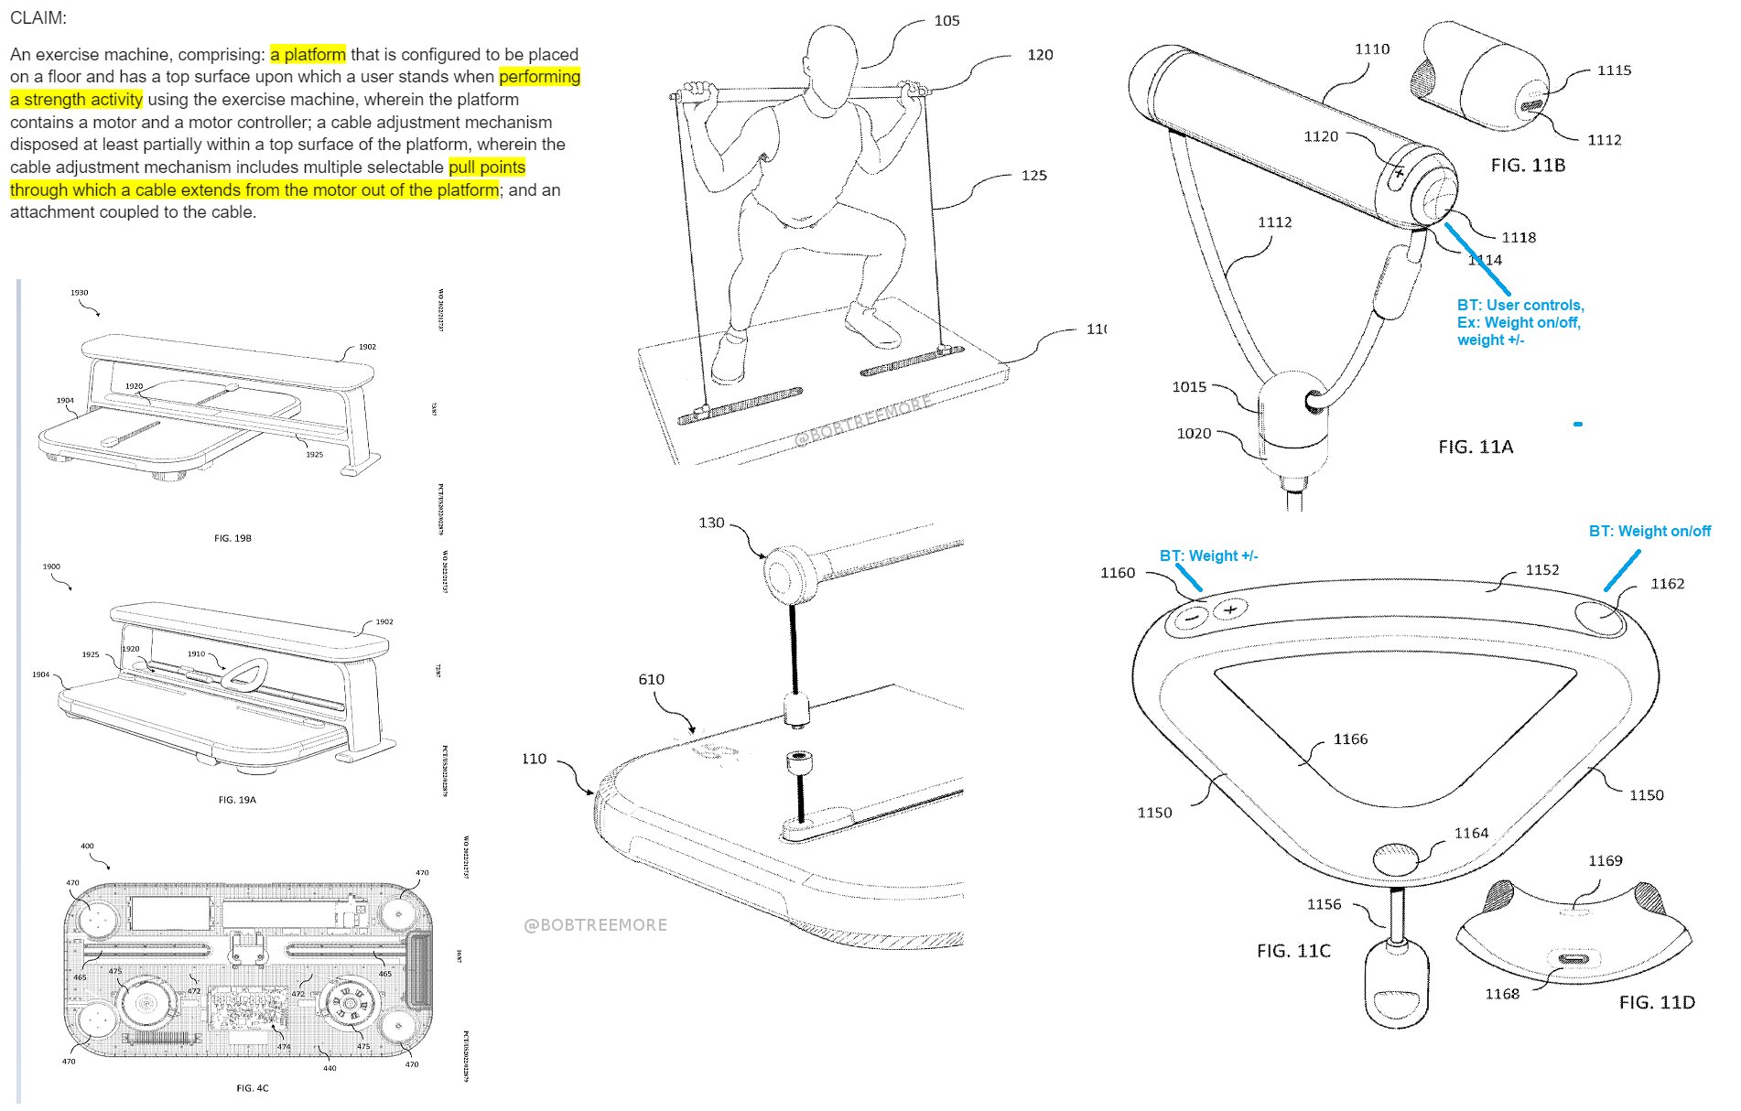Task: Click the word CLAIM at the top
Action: pos(38,17)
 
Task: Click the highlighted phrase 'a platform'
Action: pos(308,54)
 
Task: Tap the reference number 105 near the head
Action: pos(946,20)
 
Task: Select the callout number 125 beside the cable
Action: pos(1033,175)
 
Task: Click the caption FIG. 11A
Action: pos(1476,447)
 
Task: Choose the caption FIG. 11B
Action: pos(1528,165)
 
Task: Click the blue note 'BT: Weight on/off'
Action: pos(1649,531)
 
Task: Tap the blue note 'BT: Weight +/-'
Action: pos(1208,555)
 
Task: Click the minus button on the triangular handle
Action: pos(1190,618)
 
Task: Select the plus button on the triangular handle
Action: pos(1230,609)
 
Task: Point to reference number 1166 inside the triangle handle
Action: pos(1350,739)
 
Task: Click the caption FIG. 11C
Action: pos(1293,951)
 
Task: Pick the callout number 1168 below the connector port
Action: pos(1502,994)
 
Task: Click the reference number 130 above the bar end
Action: pos(711,523)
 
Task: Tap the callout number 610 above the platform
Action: pos(651,679)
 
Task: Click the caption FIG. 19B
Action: pos(232,538)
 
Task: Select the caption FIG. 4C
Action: pos(253,1088)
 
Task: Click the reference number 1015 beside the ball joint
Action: pos(1189,386)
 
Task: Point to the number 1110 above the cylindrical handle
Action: pos(1372,49)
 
